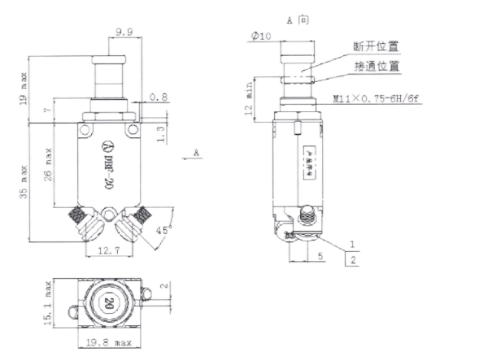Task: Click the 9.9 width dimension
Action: (124, 33)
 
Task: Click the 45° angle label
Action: (164, 231)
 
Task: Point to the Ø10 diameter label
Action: (260, 37)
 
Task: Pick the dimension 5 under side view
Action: (321, 255)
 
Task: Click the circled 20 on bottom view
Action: (107, 306)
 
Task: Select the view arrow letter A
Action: (198, 151)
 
